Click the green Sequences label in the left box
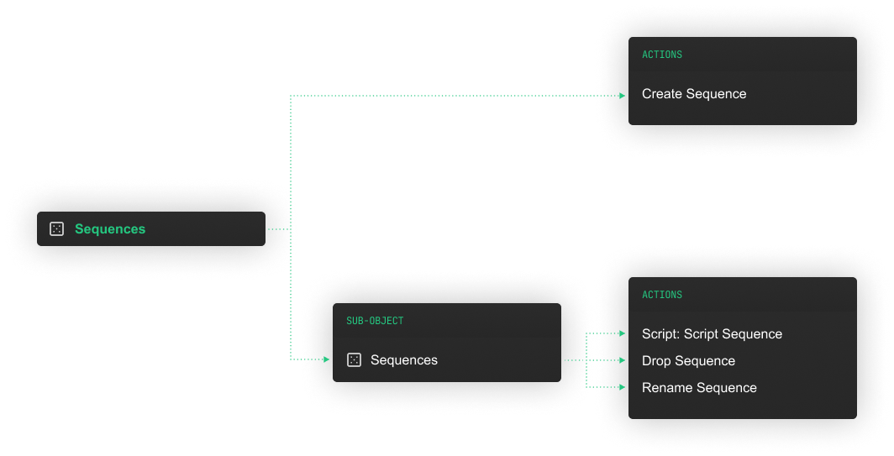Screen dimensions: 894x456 point(110,229)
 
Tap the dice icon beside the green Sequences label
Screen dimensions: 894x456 point(56,229)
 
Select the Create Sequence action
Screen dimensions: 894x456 point(694,94)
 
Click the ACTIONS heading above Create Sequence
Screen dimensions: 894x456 point(662,55)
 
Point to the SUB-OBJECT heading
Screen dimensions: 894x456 point(375,321)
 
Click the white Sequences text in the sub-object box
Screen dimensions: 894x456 point(403,360)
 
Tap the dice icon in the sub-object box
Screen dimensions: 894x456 point(354,360)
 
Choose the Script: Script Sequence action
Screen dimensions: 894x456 point(713,334)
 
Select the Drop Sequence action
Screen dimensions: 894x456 point(688,361)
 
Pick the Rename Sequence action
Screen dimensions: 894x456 point(699,388)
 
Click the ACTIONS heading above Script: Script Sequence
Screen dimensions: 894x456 point(662,295)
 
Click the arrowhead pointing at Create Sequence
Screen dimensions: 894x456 point(623,96)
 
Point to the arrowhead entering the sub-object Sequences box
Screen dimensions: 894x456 point(327,359)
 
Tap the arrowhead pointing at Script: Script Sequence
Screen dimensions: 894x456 point(623,333)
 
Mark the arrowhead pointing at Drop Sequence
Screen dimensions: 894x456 point(623,360)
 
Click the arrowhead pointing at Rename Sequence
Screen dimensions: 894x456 point(623,387)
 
